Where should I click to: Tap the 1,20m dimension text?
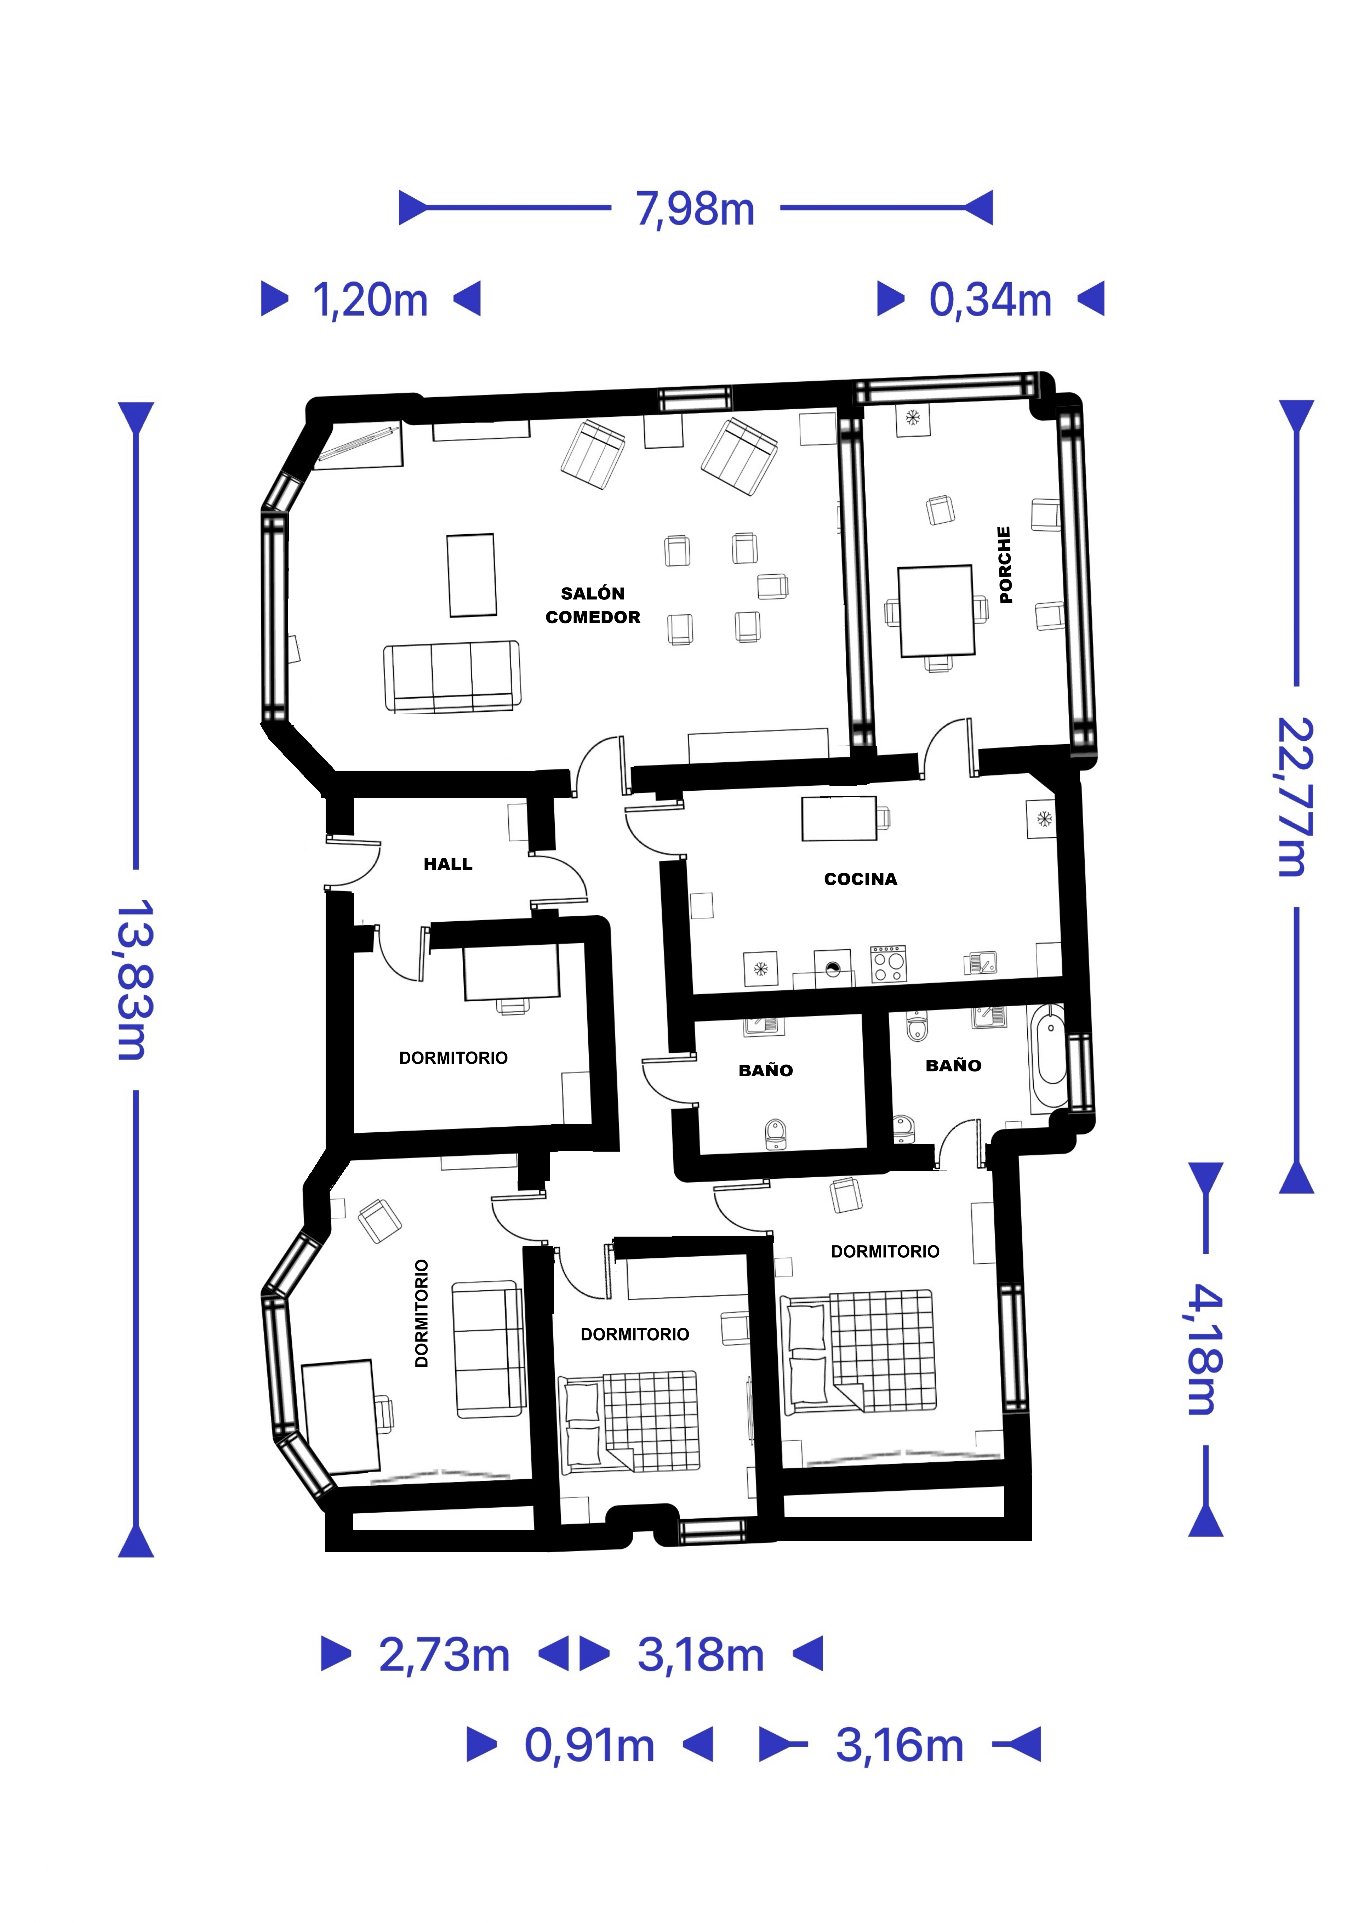click(x=370, y=300)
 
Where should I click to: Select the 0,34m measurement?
click(x=991, y=300)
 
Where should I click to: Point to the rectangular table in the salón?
click(x=471, y=575)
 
